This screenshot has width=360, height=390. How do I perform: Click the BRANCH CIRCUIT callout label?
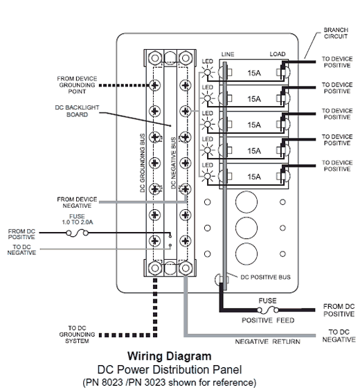[x=336, y=33]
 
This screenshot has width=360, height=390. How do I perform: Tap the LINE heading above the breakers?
[x=228, y=54]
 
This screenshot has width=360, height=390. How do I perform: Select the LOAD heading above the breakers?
[x=278, y=54]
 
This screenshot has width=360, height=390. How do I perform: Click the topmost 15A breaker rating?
[x=254, y=73]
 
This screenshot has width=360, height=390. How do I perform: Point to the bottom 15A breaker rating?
[x=254, y=177]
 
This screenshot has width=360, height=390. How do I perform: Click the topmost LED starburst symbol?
[x=208, y=73]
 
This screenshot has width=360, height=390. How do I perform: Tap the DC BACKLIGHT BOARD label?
[x=77, y=111]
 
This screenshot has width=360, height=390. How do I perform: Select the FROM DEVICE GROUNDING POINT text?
[x=77, y=85]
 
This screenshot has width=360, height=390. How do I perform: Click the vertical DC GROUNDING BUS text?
[x=142, y=163]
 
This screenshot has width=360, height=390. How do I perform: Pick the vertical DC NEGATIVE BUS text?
[x=173, y=163]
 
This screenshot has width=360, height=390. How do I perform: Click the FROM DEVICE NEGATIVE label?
[x=77, y=202]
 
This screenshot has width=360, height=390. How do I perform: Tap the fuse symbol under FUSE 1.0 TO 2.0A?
[x=77, y=233]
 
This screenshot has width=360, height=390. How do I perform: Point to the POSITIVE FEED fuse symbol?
[x=268, y=310]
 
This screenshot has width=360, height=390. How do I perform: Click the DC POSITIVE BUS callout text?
[x=265, y=277]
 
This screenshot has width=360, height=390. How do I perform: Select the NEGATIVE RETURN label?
[x=267, y=342]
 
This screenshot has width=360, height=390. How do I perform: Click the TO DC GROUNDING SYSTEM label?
[x=77, y=335]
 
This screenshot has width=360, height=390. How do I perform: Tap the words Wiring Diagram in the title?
[x=170, y=356]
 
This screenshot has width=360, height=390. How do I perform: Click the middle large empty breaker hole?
[x=246, y=228]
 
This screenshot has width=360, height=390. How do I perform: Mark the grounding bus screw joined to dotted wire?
[x=154, y=85]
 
